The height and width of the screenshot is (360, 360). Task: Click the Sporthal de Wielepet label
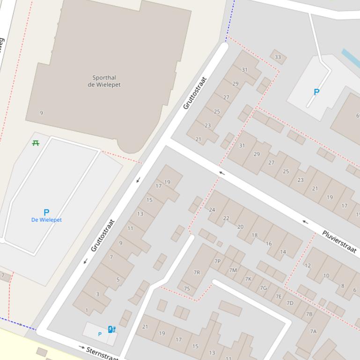coord(104,81)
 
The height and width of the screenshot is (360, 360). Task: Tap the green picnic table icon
coord(36,143)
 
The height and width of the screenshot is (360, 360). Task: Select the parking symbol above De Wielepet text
coord(46,213)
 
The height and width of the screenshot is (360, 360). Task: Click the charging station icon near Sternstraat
coord(112,329)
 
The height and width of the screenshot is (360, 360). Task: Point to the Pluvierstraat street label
coord(339,242)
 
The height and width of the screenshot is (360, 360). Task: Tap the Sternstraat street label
coord(102,353)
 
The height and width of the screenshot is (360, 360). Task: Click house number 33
coord(278,58)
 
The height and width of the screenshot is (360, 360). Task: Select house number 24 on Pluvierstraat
coord(212,210)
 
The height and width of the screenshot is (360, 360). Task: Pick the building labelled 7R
coord(197,272)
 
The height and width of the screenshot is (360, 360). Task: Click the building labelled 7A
coord(313,331)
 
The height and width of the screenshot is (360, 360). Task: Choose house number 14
coord(283,252)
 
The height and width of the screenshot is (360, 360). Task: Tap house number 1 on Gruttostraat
coord(87,310)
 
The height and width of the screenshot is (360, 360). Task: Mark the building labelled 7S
coord(187,288)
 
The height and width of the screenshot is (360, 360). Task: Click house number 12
coord(308,266)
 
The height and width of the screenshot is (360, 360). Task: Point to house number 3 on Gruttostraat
coord(97,294)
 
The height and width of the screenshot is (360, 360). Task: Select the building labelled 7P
coord(217,261)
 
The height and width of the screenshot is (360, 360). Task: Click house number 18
coord(255,235)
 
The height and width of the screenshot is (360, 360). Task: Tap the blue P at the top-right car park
coord(316,92)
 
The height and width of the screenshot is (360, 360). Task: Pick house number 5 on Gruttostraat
coord(118,280)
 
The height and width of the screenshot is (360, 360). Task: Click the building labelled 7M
coord(233,270)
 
